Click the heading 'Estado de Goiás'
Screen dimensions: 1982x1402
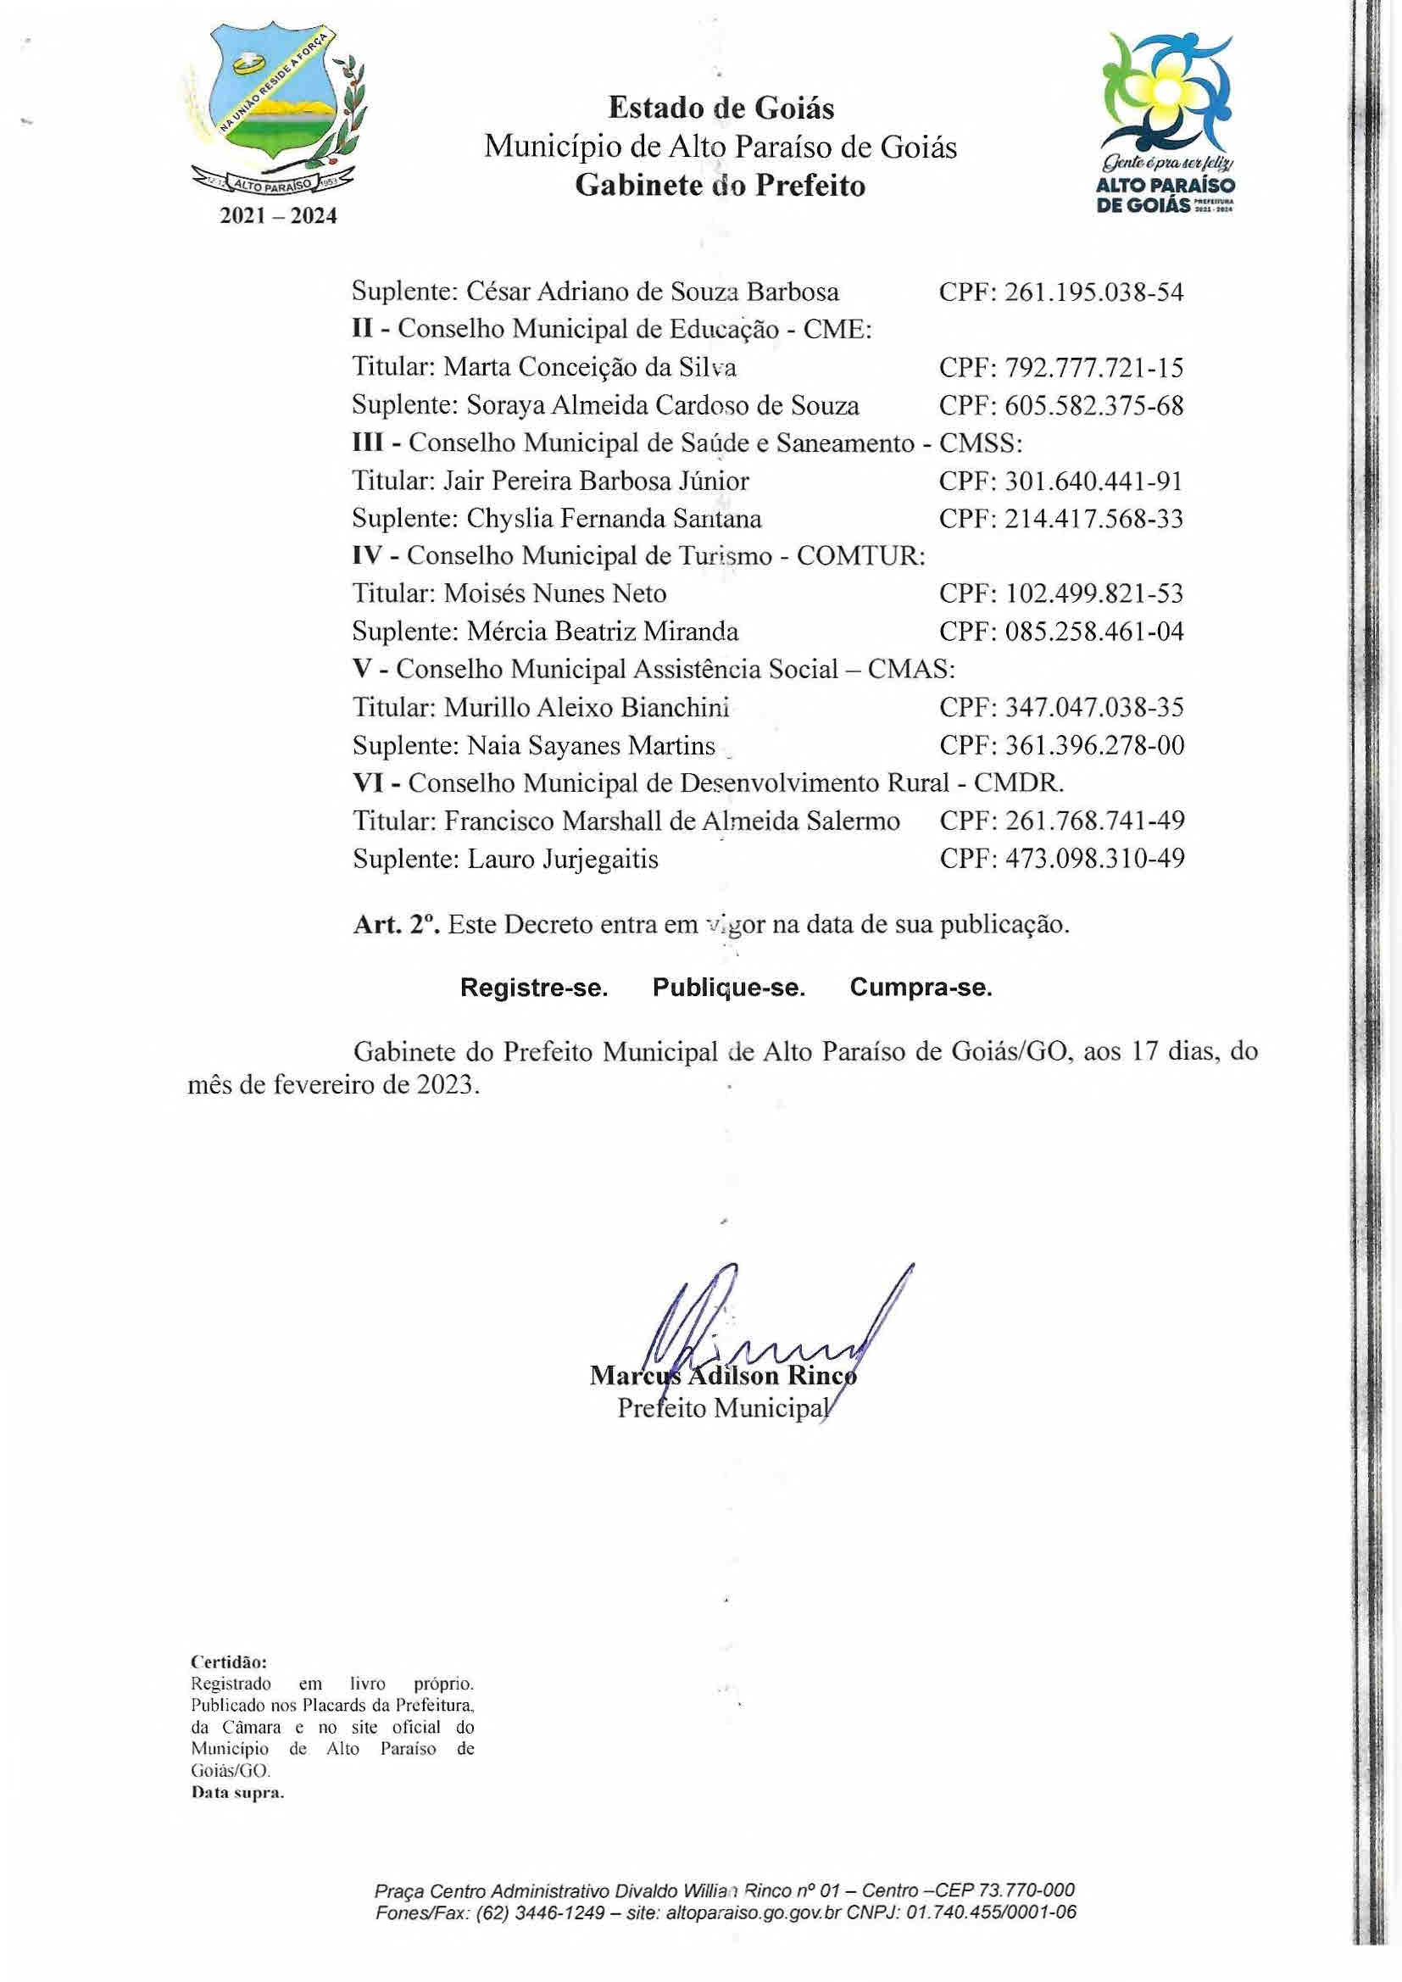coord(720,109)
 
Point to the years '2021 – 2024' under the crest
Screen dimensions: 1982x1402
coord(278,216)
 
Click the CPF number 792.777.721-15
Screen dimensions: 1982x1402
coord(1093,368)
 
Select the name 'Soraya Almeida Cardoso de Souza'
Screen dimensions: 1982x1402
coord(662,406)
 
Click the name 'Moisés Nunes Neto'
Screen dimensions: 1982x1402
coord(554,593)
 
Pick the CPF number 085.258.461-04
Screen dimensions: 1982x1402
coord(1093,631)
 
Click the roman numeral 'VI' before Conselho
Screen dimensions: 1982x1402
coord(369,783)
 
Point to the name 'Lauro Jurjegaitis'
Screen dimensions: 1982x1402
coord(562,859)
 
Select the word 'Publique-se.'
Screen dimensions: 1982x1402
coord(729,988)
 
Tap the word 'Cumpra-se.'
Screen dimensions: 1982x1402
coord(921,988)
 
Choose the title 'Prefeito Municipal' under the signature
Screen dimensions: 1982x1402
coord(721,1408)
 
